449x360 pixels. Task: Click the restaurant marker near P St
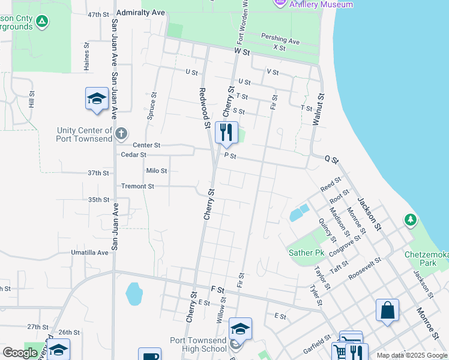(x=226, y=133)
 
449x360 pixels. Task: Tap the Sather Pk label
(x=306, y=253)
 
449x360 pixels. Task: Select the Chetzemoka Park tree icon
(x=411, y=220)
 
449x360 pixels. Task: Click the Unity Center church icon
(x=121, y=133)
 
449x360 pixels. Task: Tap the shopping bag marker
(x=387, y=310)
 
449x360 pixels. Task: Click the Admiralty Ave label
(x=141, y=12)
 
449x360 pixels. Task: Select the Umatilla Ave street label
(x=89, y=253)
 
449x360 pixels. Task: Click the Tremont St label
(x=137, y=187)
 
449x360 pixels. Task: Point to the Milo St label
(x=156, y=171)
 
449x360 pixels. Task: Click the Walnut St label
(x=318, y=109)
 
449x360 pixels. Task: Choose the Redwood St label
(x=203, y=108)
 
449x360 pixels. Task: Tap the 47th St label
(x=98, y=14)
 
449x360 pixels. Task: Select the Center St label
(x=146, y=145)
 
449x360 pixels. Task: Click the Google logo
(x=20, y=353)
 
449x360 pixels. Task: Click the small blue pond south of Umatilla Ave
(x=134, y=294)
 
